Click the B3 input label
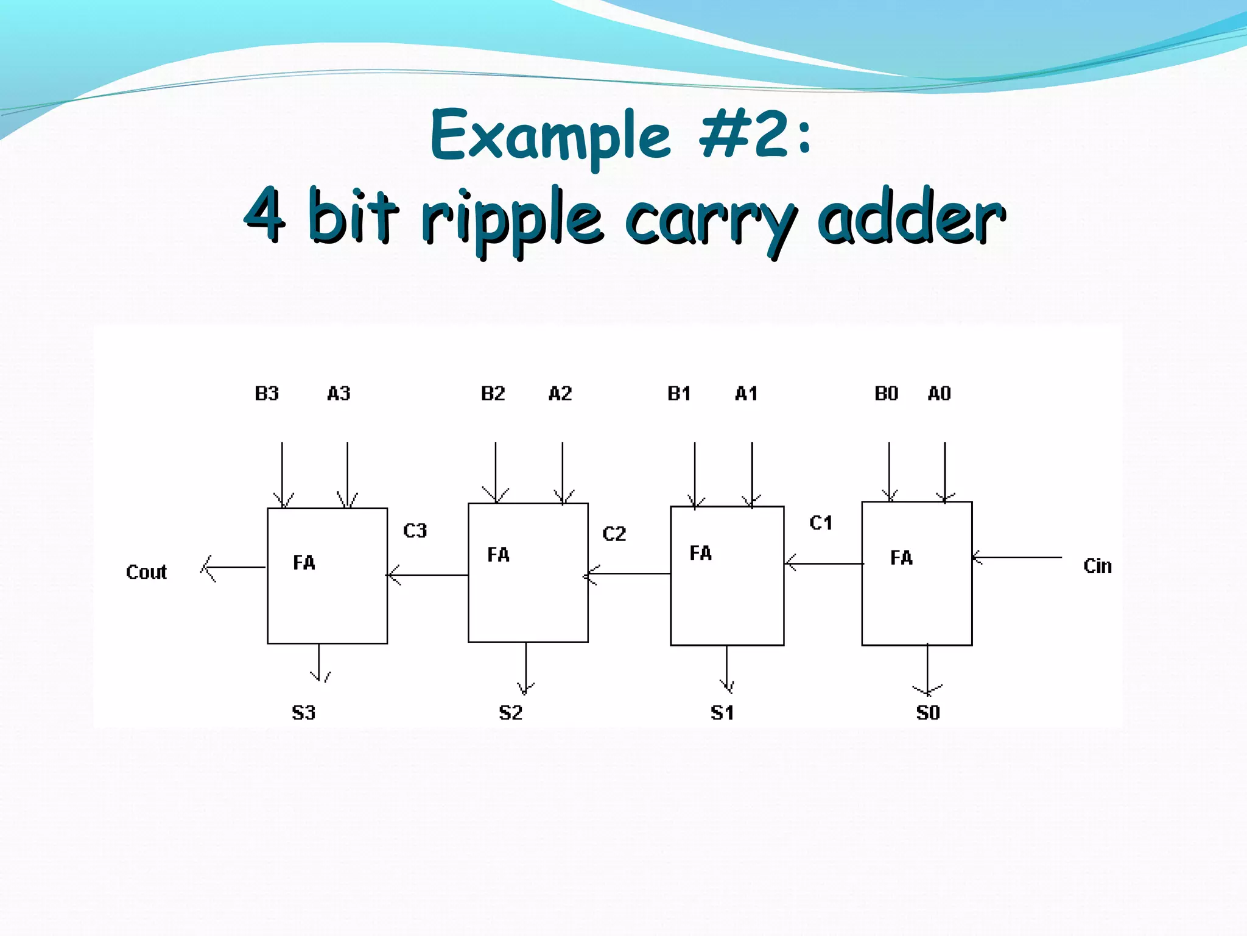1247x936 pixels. pyautogui.click(x=267, y=394)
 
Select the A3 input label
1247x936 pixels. pyautogui.click(x=339, y=394)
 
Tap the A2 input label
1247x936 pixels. pyautogui.click(x=560, y=394)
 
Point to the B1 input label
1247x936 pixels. pyautogui.click(x=679, y=394)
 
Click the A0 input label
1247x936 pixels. pyautogui.click(x=939, y=394)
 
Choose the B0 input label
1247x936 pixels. pyautogui.click(x=886, y=394)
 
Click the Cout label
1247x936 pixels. pyautogui.click(x=146, y=572)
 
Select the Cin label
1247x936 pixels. pyautogui.click(x=1097, y=566)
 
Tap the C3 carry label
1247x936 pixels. pyautogui.click(x=415, y=531)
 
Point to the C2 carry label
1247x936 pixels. pyautogui.click(x=614, y=534)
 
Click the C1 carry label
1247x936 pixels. pyautogui.click(x=821, y=523)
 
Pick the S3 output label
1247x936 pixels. pyautogui.click(x=303, y=712)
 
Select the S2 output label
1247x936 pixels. pyautogui.click(x=510, y=712)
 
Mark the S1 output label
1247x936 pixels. pyautogui.click(x=722, y=712)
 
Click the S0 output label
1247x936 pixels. pyautogui.click(x=928, y=712)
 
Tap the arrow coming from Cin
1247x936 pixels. pyautogui.click(x=1017, y=558)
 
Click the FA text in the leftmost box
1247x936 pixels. pyautogui.click(x=304, y=562)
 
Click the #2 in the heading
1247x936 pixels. pyautogui.click(x=743, y=134)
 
